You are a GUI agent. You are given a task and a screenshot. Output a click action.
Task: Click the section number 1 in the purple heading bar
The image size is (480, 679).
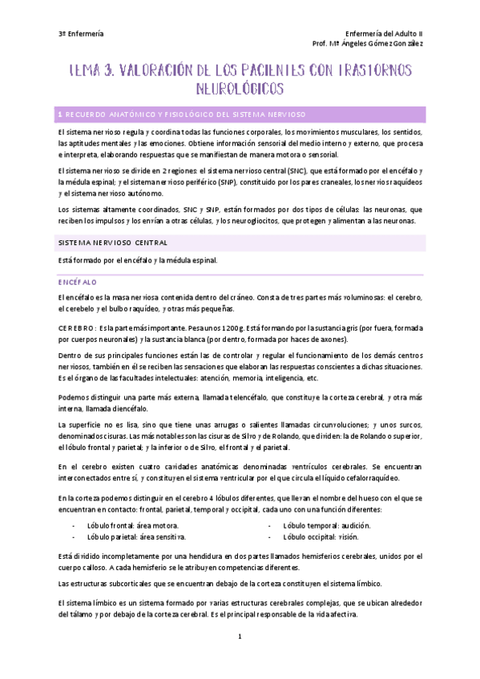tap(60, 114)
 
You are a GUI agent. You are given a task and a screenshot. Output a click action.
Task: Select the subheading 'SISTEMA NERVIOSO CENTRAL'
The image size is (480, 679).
tap(111, 241)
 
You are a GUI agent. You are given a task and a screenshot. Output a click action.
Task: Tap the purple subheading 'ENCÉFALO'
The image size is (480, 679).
tap(77, 282)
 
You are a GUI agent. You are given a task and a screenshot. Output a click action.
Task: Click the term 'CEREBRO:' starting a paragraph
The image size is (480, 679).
tap(77, 328)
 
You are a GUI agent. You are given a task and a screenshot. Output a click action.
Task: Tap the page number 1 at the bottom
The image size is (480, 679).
tap(239, 637)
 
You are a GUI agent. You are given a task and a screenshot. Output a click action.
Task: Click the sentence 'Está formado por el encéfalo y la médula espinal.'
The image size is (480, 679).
tap(138, 260)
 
